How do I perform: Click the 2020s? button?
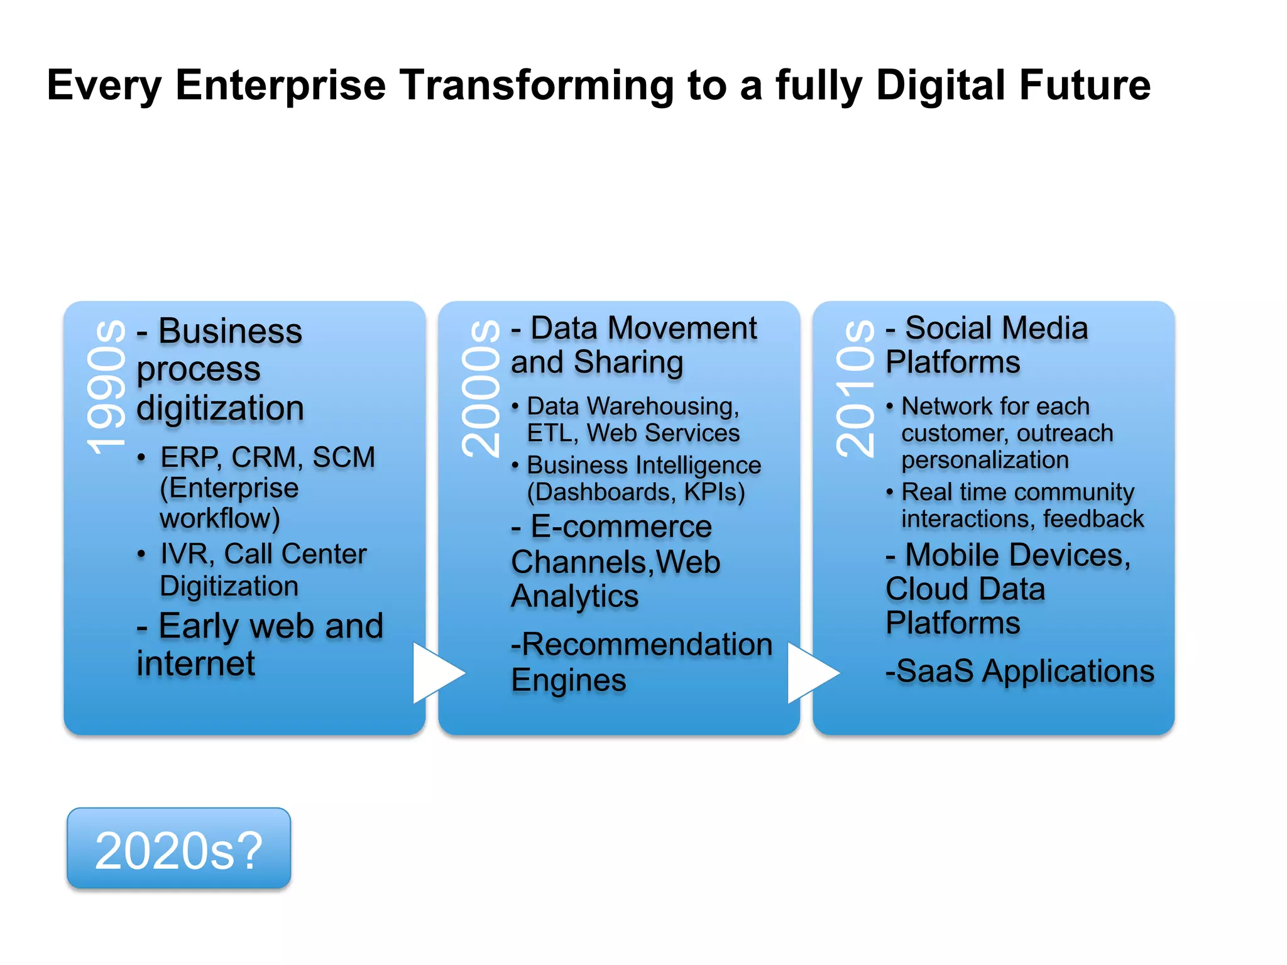(x=178, y=849)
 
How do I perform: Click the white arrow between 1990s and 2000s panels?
(x=436, y=673)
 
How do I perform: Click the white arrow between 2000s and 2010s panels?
(x=811, y=673)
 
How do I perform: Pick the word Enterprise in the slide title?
(x=280, y=85)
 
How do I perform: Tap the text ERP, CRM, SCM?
(x=268, y=457)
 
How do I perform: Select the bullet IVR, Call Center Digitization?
(x=263, y=569)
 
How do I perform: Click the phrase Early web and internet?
(x=260, y=644)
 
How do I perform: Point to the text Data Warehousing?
(x=632, y=406)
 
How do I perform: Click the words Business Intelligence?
(x=643, y=466)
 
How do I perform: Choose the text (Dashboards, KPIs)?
(x=635, y=493)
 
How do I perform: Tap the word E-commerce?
(x=621, y=526)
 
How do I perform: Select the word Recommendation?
(x=647, y=645)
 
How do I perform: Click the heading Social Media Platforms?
(x=987, y=345)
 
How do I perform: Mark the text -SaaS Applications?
(x=1019, y=671)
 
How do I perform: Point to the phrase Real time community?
(x=1017, y=492)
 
